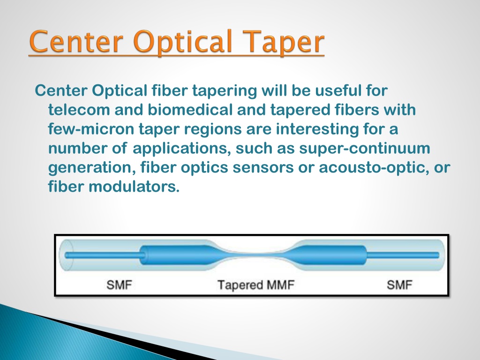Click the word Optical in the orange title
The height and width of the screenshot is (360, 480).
pyautogui.click(x=182, y=43)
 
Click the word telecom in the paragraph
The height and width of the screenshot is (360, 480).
pyautogui.click(x=79, y=110)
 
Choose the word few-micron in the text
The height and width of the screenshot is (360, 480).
pyautogui.click(x=91, y=129)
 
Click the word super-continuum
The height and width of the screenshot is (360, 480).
pyautogui.click(x=365, y=149)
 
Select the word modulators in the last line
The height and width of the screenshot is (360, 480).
pyautogui.click(x=134, y=187)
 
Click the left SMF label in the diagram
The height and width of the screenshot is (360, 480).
pyautogui.click(x=119, y=285)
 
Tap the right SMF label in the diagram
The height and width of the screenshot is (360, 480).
pyautogui.click(x=399, y=285)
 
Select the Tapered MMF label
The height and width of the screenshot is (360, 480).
pyautogui.click(x=255, y=285)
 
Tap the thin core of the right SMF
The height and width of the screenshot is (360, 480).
pyautogui.click(x=403, y=255)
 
